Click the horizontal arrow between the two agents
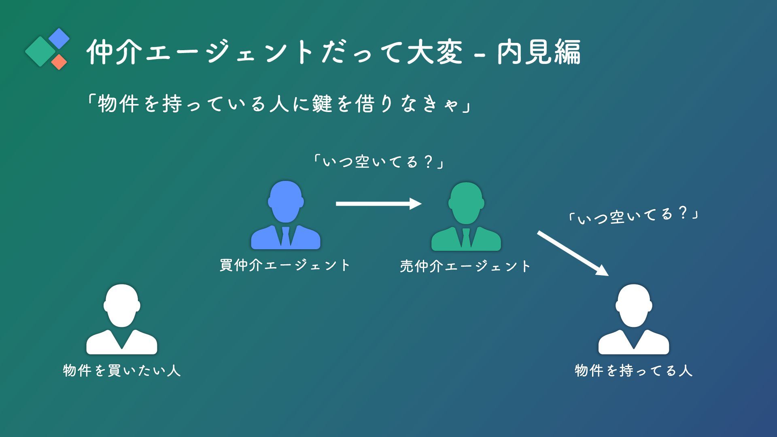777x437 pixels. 378,204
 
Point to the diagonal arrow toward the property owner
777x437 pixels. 572,253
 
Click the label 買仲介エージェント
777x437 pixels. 285,265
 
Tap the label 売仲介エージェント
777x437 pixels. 465,266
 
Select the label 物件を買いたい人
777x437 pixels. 122,371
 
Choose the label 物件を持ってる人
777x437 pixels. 634,371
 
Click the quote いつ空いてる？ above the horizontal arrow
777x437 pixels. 378,162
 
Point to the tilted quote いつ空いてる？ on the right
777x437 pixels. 633,216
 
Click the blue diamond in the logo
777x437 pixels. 59,38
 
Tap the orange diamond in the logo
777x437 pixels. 59,62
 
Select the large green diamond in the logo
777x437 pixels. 40,51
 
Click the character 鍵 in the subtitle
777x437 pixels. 323,104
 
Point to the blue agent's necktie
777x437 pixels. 286,237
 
